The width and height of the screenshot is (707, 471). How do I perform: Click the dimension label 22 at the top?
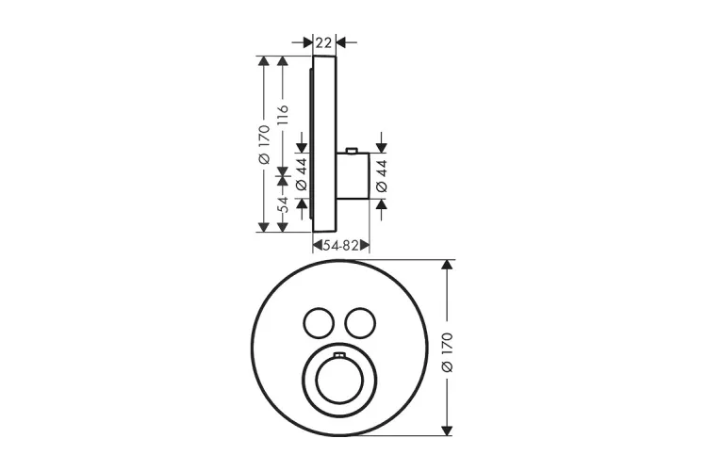pos(323,42)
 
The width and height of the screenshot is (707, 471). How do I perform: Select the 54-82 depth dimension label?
pos(341,246)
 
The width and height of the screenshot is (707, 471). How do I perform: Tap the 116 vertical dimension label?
pos(282,115)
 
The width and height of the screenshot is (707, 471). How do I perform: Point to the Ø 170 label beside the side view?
pos(264,144)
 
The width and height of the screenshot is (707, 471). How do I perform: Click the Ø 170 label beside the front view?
pos(447,352)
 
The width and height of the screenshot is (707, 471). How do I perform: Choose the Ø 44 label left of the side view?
pos(302,173)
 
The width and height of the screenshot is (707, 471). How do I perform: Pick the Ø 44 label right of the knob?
pos(382,176)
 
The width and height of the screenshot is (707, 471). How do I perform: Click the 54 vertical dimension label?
pos(282,204)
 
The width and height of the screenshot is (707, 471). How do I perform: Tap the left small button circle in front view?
pos(319,323)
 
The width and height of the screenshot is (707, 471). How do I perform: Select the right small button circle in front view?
pos(360,323)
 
